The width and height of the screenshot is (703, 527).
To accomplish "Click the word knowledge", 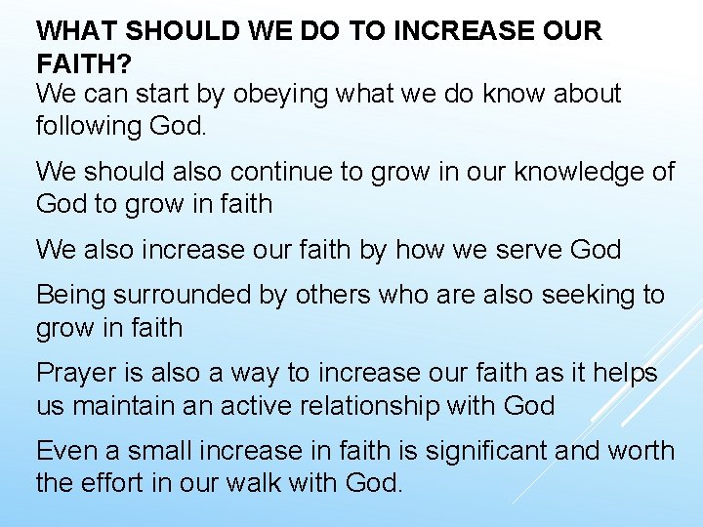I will click(x=571, y=172).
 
